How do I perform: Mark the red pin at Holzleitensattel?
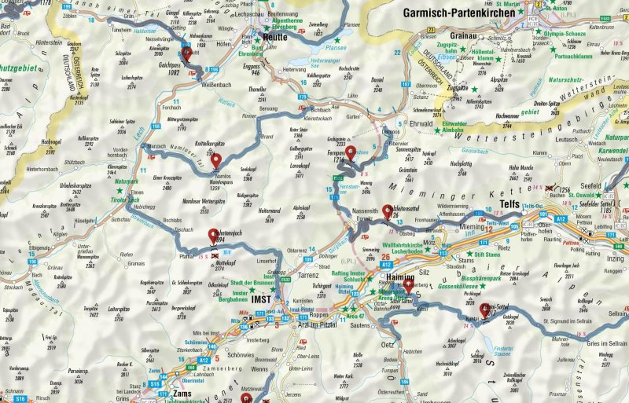tap(387, 211)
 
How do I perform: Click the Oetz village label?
tap(388, 343)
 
